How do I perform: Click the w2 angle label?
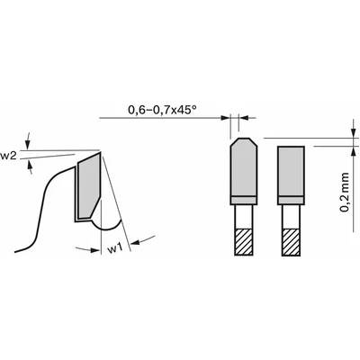pos(8,156)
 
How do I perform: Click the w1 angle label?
pos(115,248)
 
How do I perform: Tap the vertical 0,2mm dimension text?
pos(345,193)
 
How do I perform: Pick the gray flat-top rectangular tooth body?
pos(291,171)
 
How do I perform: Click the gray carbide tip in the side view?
pos(89,186)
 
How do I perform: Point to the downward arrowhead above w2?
pos(28,146)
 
